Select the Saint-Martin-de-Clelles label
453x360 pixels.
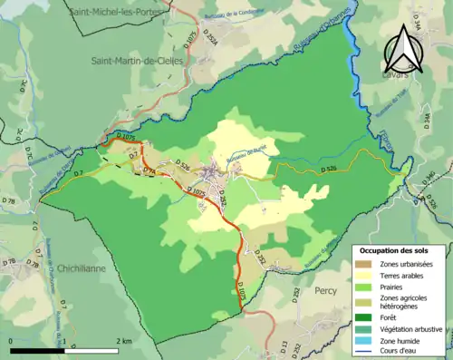137,60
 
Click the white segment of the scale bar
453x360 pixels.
89,349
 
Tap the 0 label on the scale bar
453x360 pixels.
10,340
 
